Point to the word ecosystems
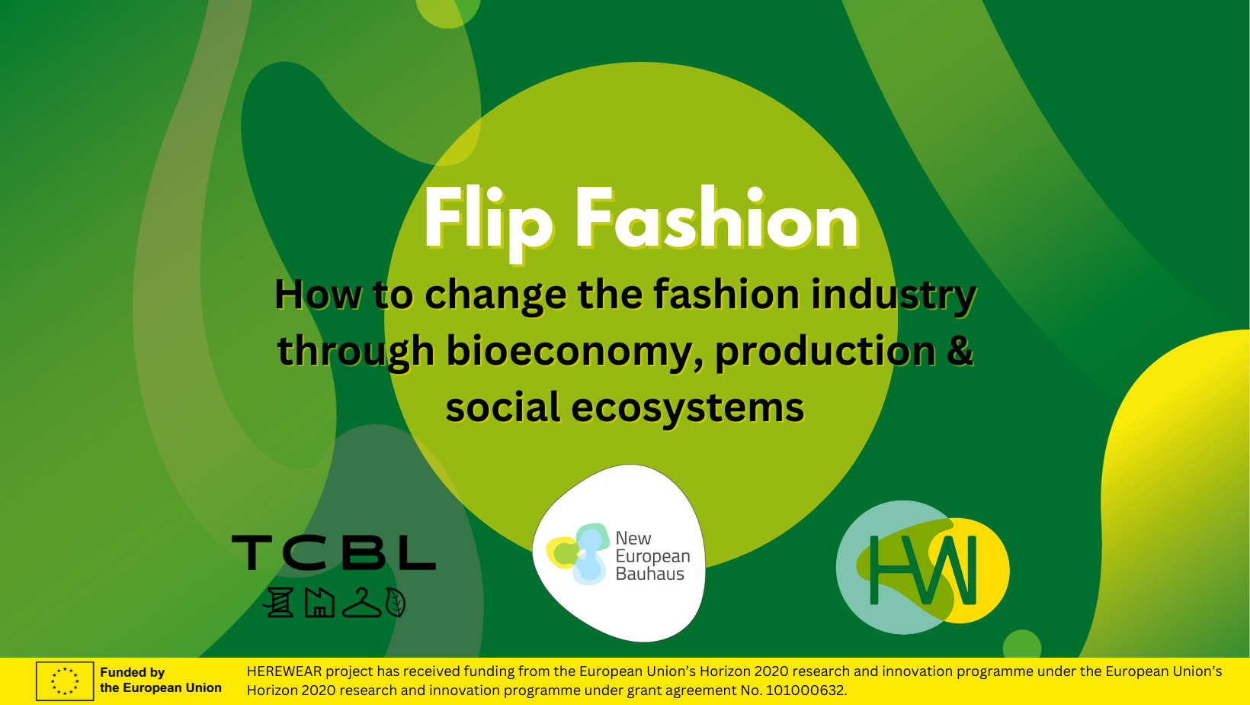[x=687, y=407]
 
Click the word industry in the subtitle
[x=893, y=295]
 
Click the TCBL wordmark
[x=334, y=552]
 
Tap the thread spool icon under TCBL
[x=280, y=602]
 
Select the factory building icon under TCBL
[x=320, y=602]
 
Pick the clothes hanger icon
[x=361, y=604]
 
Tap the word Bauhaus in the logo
[x=649, y=574]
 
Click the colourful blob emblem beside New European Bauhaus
[x=579, y=554]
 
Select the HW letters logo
[x=923, y=570]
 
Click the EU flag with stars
[x=65, y=681]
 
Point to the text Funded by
[x=133, y=673]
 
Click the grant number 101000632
[x=805, y=691]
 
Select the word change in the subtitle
[x=495, y=296]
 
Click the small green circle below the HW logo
[x=1022, y=644]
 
